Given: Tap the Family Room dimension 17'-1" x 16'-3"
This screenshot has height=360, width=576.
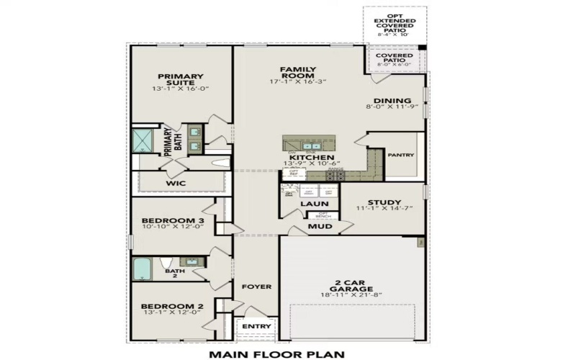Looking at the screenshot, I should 298,82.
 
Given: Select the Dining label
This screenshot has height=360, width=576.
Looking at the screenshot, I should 392,101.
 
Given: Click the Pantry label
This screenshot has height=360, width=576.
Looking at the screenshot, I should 400,155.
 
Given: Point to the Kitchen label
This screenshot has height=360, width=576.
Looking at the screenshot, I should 311,157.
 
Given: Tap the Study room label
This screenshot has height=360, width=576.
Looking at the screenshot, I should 383,203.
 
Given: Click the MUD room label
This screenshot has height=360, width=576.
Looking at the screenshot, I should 320,226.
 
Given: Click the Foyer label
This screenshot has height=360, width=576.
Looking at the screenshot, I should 256,287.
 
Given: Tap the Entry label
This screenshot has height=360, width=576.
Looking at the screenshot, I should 256,327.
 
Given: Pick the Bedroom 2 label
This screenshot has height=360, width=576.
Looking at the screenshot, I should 172,306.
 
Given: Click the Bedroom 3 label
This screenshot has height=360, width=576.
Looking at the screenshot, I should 172,220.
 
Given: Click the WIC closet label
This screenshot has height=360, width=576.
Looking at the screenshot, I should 176,184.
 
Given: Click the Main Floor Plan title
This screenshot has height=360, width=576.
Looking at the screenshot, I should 276,354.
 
